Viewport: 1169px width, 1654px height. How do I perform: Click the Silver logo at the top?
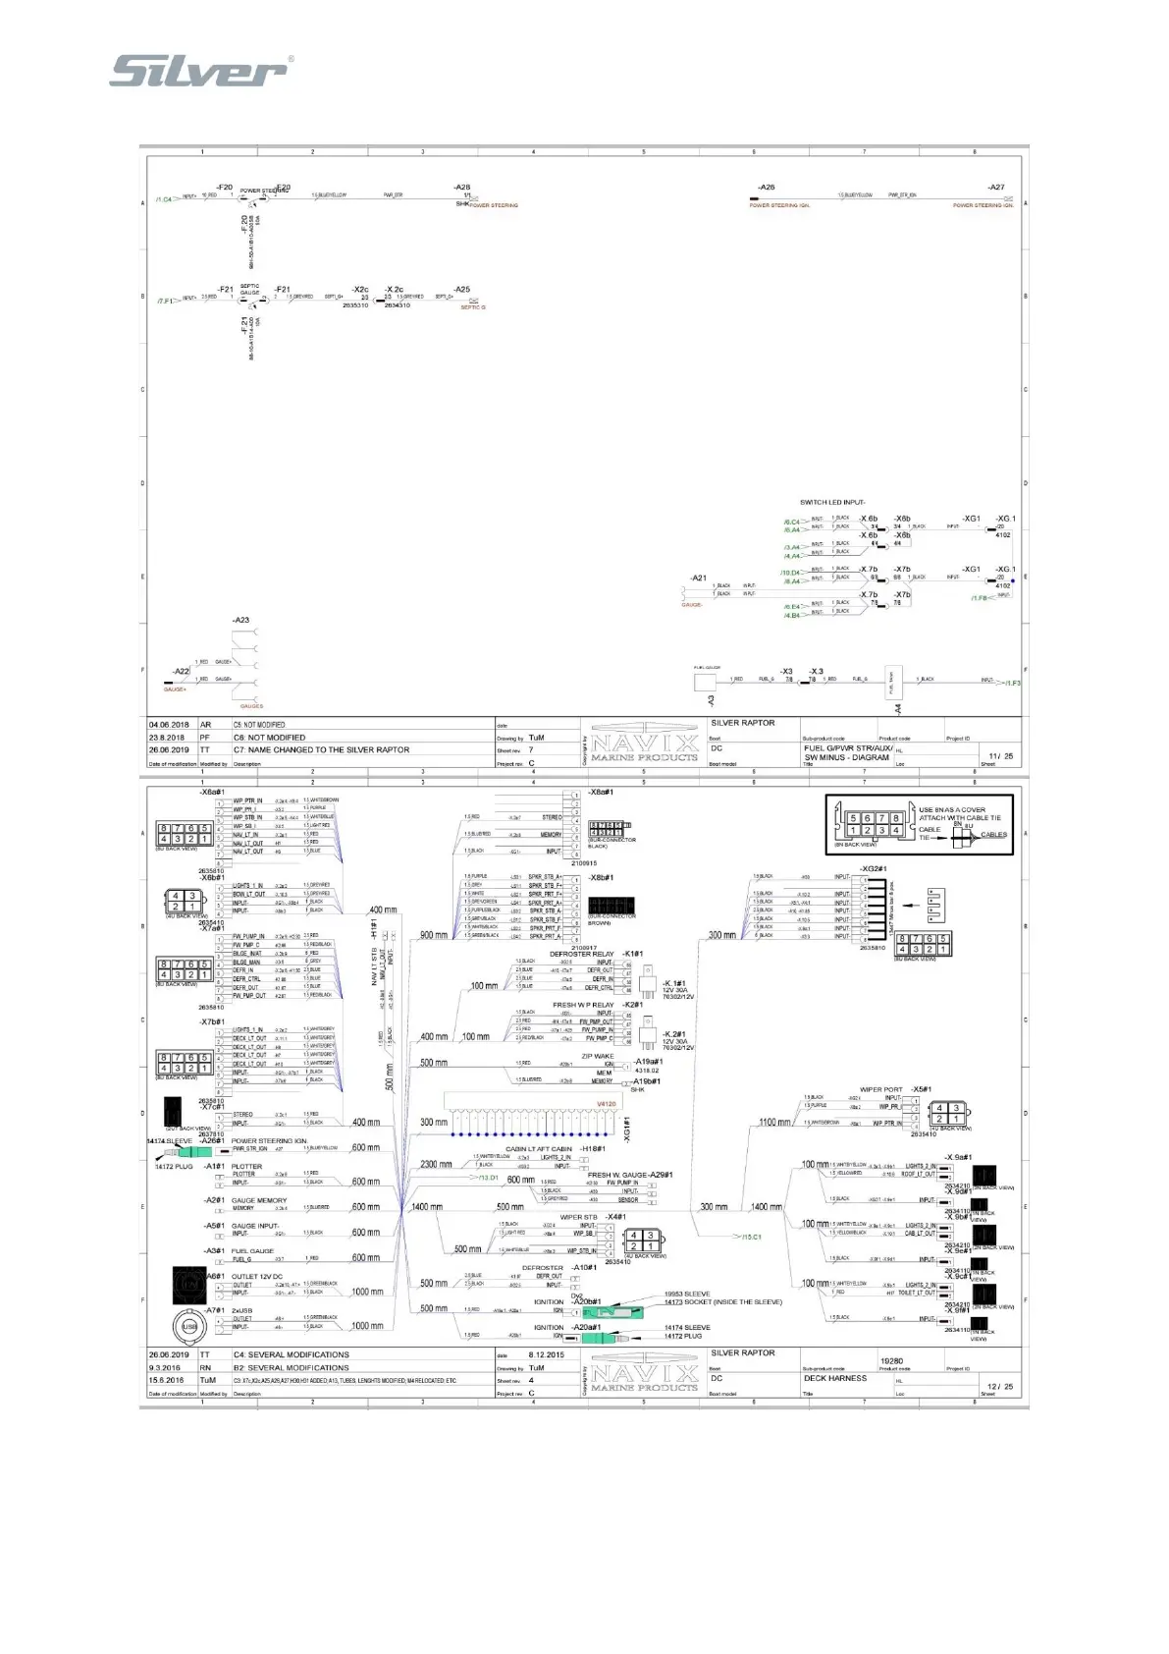click(200, 71)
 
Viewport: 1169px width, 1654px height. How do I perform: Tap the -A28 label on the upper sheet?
click(461, 187)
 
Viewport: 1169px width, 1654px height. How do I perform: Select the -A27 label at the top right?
click(996, 187)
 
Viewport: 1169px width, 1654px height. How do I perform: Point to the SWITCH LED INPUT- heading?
click(832, 502)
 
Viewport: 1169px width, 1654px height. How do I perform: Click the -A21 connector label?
click(698, 579)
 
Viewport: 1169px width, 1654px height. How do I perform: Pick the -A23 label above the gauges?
click(240, 620)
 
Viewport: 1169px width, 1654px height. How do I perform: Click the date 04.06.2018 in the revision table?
click(169, 725)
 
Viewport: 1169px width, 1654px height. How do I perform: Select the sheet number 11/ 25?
click(1000, 756)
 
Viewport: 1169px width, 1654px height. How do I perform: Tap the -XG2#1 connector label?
click(873, 869)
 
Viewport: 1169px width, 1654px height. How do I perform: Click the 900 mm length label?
click(434, 935)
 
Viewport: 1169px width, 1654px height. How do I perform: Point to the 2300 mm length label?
click(436, 1165)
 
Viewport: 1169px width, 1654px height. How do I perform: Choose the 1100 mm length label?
click(774, 1122)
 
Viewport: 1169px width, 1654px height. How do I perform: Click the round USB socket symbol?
click(188, 1327)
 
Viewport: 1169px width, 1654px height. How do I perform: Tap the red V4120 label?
click(607, 1104)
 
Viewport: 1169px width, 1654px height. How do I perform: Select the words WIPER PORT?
click(880, 1089)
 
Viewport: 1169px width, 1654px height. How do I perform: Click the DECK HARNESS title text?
click(835, 1378)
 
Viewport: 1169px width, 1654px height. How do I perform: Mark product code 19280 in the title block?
click(891, 1361)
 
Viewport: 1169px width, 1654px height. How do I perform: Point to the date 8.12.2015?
click(547, 1355)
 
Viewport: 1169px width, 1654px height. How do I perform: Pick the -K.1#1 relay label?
click(674, 983)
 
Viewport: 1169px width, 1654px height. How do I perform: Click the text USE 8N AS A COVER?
click(952, 810)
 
